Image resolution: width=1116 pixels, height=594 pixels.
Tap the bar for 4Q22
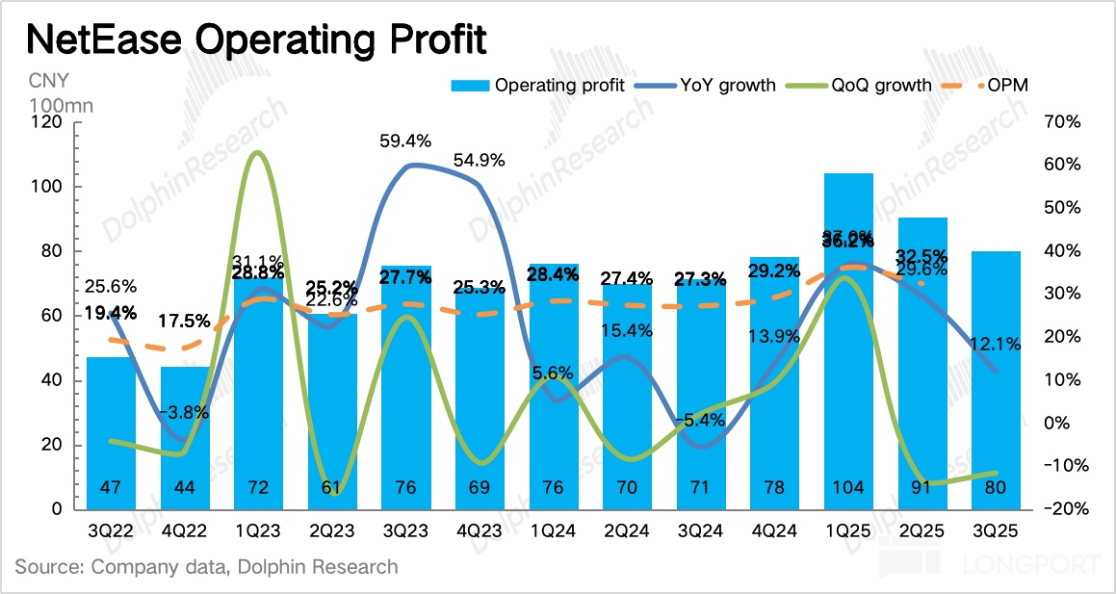click(x=185, y=438)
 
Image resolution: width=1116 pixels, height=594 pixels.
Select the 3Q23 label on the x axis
click(x=405, y=529)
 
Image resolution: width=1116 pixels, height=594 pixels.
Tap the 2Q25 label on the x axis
click(x=921, y=529)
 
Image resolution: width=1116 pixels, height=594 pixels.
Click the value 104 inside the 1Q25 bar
click(x=848, y=488)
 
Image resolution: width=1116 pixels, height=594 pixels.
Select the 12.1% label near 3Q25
click(x=996, y=343)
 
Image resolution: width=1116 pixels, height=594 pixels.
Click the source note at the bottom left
click(x=206, y=567)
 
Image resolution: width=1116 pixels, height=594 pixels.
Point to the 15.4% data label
click(x=627, y=330)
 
